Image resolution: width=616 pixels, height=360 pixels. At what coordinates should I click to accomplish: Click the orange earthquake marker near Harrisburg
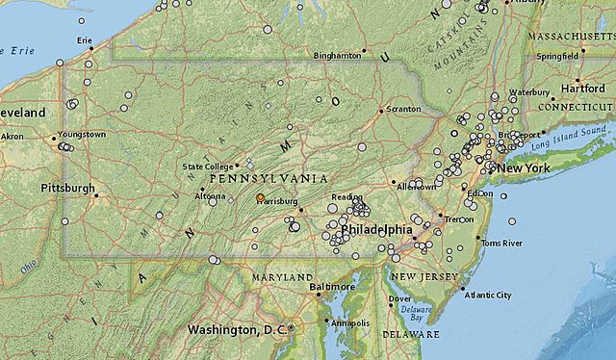tap(260, 197)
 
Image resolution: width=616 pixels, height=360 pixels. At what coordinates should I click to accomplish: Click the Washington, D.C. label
tap(237, 329)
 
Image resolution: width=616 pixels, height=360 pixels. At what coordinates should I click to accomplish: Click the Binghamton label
tap(337, 55)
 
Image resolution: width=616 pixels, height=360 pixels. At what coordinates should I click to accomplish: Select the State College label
tap(208, 167)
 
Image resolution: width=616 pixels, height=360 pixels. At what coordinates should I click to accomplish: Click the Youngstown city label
tap(82, 135)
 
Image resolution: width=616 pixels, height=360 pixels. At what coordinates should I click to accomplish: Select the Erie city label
tap(86, 39)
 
